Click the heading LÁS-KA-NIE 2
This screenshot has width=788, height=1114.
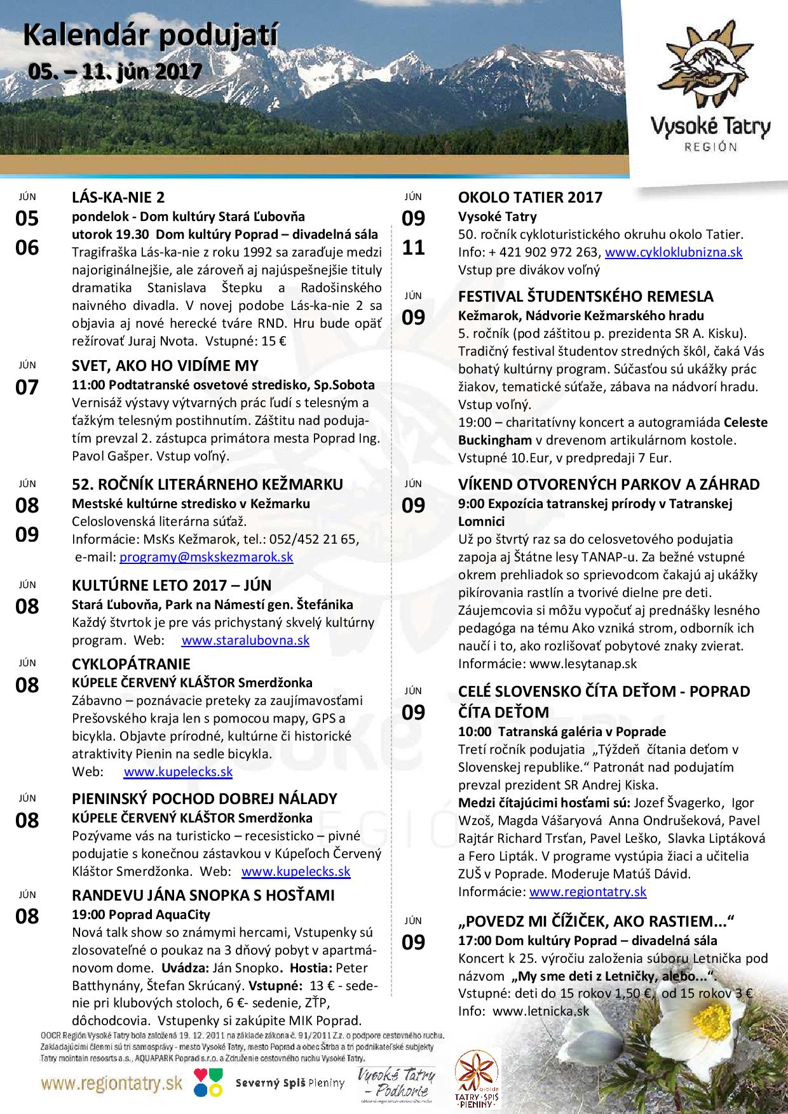(x=119, y=197)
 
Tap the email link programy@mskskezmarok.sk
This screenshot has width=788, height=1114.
(x=206, y=557)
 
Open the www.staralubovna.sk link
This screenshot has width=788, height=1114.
(x=245, y=640)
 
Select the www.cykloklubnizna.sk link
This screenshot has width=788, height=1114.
(x=674, y=252)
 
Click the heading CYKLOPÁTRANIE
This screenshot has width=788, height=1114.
(x=132, y=664)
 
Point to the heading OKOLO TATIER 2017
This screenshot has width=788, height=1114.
(x=530, y=197)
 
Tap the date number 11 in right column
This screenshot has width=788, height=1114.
(x=413, y=247)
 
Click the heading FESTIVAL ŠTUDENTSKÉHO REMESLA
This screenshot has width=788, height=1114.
(x=585, y=296)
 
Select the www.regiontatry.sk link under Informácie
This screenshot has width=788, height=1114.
(x=587, y=891)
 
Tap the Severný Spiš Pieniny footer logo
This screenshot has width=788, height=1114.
(x=290, y=1083)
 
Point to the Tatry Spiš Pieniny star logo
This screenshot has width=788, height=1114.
(x=476, y=1084)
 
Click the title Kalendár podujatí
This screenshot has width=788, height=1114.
(x=151, y=37)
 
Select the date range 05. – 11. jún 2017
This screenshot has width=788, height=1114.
(x=114, y=71)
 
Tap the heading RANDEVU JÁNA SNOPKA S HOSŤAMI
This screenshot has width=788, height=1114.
(x=203, y=896)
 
